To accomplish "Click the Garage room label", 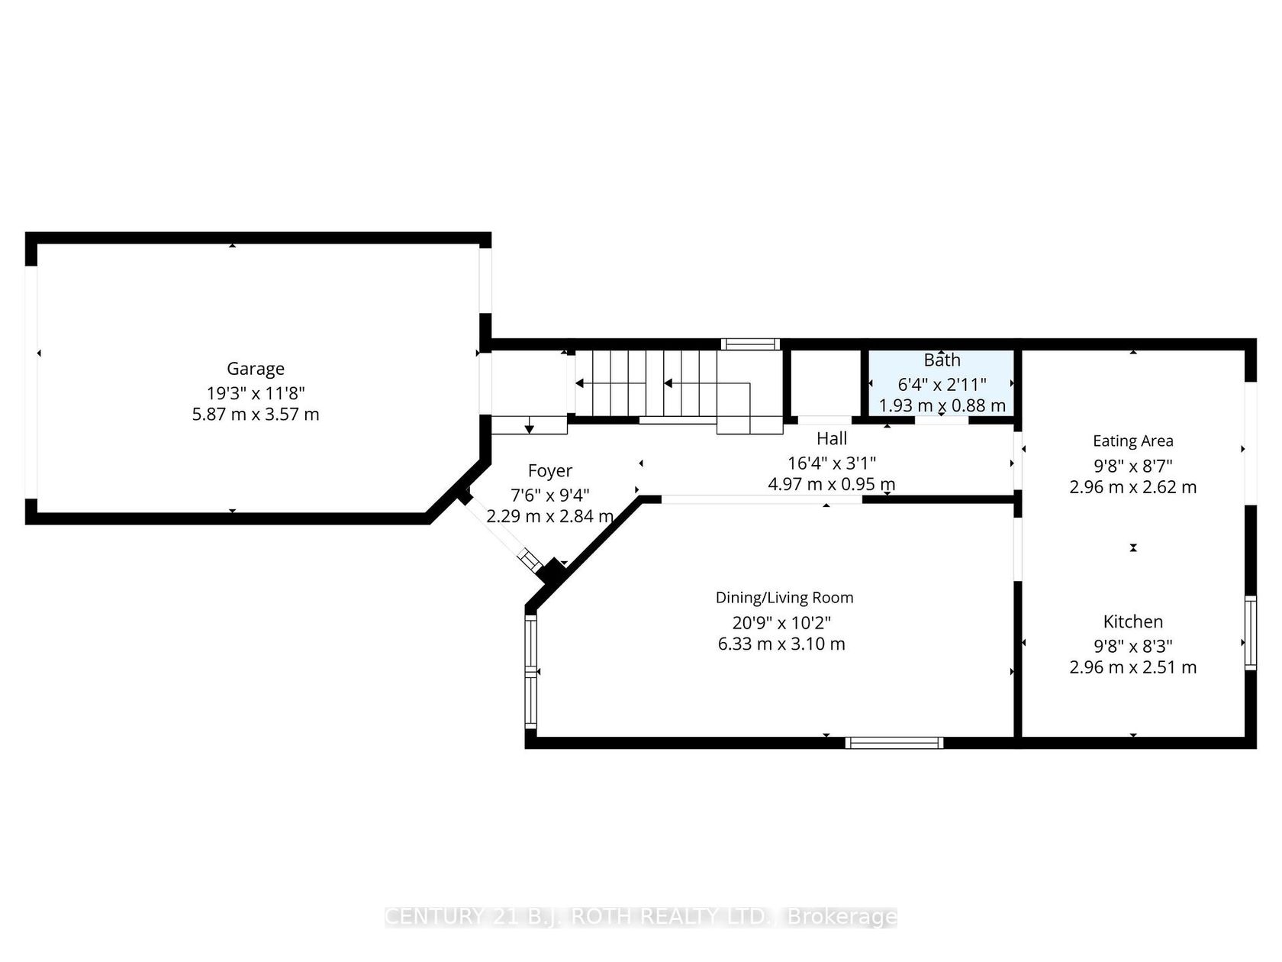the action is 255,369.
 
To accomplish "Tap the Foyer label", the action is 549,471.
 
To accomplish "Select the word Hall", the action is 831,438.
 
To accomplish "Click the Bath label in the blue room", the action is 942,360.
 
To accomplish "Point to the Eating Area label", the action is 1132,441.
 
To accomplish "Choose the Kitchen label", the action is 1132,621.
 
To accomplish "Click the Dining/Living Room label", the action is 784,598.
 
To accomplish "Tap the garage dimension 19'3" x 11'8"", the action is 255,392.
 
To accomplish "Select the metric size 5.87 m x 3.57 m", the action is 255,415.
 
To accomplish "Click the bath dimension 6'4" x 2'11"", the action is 942,384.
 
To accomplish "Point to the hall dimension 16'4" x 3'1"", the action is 831,463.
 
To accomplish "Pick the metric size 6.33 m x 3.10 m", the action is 781,644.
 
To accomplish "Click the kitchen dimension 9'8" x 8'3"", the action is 1132,646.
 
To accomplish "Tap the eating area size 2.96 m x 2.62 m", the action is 1132,487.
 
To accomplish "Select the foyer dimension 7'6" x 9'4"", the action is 549,496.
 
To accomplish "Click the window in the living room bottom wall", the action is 894,742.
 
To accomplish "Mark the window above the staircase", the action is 750,344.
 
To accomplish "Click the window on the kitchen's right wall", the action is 1250,633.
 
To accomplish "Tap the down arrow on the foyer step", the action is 529,425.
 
